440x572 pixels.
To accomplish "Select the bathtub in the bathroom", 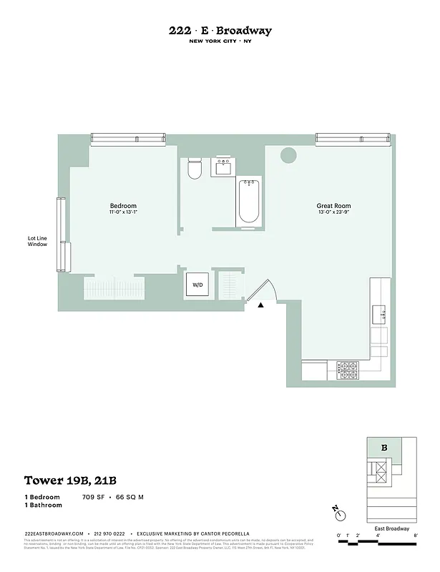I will [249, 201].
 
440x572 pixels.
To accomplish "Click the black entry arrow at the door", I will [261, 305].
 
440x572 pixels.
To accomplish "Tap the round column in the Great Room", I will [288, 154].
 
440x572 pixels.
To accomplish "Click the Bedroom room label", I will [122, 206].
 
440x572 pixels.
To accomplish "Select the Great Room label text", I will [333, 205].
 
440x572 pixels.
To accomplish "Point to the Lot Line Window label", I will [37, 242].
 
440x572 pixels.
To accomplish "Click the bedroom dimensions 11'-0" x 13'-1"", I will [122, 212].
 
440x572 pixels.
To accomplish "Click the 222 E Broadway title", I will [220, 31].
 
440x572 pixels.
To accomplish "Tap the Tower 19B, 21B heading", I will [66, 480].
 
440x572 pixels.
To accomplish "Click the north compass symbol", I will [340, 513].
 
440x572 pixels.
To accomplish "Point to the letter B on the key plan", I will [384, 448].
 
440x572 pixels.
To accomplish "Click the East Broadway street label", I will [392, 529].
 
